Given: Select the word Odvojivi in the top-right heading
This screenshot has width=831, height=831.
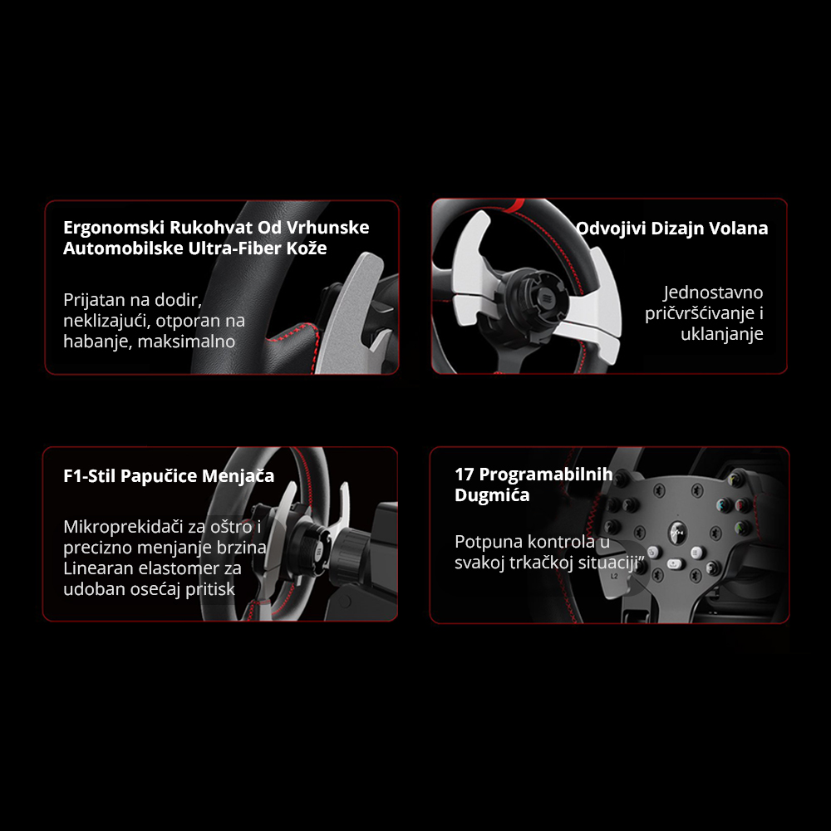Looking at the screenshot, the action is click(611, 229).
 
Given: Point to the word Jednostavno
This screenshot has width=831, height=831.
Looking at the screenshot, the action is click(713, 293).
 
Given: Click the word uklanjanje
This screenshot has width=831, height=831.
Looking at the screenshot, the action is click(722, 334).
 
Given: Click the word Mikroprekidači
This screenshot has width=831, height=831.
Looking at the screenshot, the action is click(124, 527).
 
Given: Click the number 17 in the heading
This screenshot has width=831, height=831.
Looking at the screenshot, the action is click(465, 475).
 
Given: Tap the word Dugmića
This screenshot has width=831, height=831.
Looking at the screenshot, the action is click(492, 495).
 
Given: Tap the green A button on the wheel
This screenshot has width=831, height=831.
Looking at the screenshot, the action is click(741, 528).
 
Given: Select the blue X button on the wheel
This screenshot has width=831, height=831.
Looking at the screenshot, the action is click(723, 504).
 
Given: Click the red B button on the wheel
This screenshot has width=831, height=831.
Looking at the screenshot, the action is click(742, 504).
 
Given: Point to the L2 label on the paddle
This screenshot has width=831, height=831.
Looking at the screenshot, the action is click(614, 576).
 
